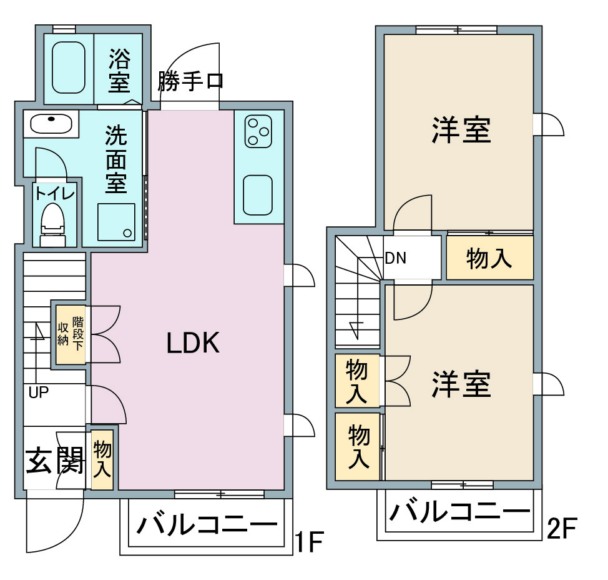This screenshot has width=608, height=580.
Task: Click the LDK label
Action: pyautogui.click(x=193, y=342)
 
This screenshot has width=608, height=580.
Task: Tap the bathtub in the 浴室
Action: pyautogui.click(x=68, y=67)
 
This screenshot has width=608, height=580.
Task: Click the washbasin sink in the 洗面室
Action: pyautogui.click(x=51, y=124)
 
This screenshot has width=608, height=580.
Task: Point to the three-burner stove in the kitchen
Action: pyautogui.click(x=258, y=131)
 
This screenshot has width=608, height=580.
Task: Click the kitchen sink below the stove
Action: pyautogui.click(x=258, y=195)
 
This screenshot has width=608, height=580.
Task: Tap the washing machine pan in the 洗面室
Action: pyautogui.click(x=116, y=222)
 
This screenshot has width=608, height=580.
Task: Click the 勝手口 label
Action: pyautogui.click(x=190, y=81)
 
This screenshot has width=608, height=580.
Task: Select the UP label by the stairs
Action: pyautogui.click(x=38, y=392)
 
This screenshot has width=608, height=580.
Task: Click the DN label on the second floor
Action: pyautogui.click(x=396, y=257)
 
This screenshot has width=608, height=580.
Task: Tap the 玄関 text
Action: pyautogui.click(x=55, y=461)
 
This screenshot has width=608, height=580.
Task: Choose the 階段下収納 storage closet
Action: pyautogui.click(x=71, y=334)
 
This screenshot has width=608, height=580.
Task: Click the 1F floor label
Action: pyautogui.click(x=309, y=542)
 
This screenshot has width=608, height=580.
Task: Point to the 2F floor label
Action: pyautogui.click(x=562, y=528)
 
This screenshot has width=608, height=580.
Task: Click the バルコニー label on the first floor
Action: pyautogui.click(x=207, y=525)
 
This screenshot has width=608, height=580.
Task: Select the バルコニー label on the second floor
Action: pyautogui.click(x=460, y=512)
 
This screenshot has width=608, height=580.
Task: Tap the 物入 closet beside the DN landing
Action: pyautogui.click(x=490, y=257)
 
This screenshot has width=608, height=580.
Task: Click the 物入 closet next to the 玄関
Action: pyautogui.click(x=102, y=459)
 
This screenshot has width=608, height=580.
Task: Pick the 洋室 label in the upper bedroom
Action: pyautogui.click(x=461, y=130)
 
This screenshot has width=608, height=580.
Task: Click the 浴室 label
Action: pyautogui.click(x=119, y=70)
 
